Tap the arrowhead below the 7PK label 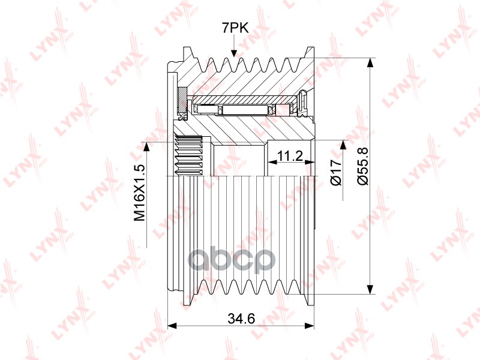tap(234, 53)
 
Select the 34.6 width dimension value tap(241, 319)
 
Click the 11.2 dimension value tap(290, 156)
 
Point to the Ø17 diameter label tap(336, 172)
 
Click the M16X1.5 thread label tap(139, 193)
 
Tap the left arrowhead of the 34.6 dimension tap(173, 325)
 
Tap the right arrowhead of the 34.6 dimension tap(310, 325)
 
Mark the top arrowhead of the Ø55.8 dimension tap(370, 62)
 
